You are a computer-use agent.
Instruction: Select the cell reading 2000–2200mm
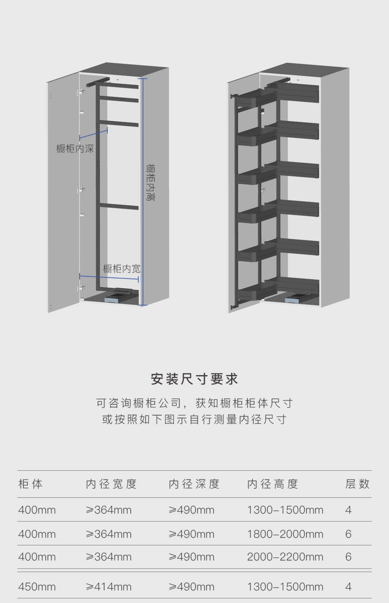(x=285, y=557)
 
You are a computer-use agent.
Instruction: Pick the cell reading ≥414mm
(x=109, y=587)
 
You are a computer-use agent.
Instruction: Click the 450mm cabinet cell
(x=37, y=587)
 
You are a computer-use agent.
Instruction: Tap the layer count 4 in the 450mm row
(x=348, y=587)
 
